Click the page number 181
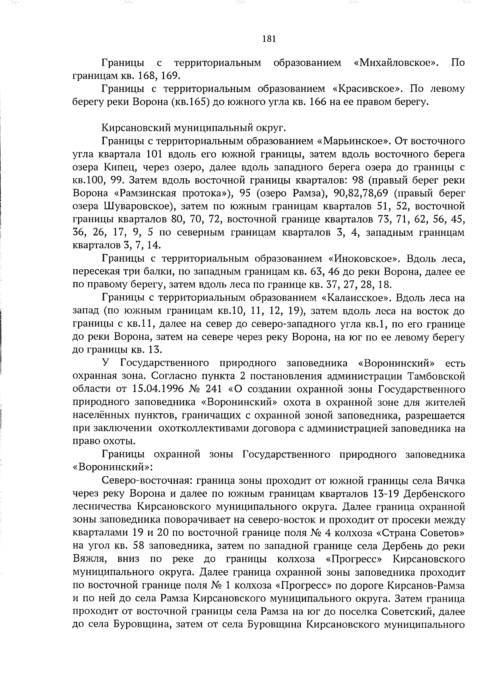coord(268,39)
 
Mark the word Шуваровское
coord(139,206)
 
